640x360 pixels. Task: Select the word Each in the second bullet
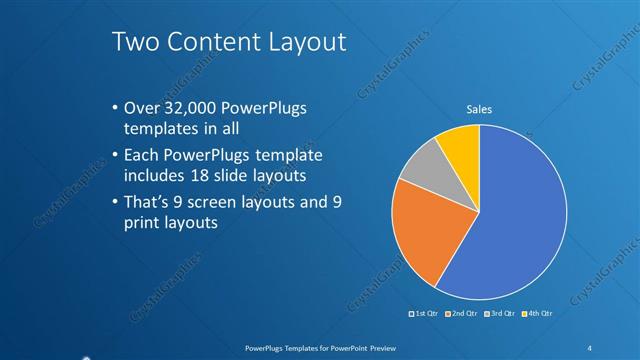point(142,155)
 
